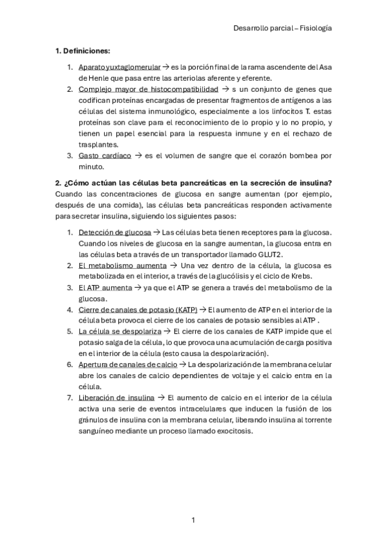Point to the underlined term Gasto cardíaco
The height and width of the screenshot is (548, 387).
pos(105,156)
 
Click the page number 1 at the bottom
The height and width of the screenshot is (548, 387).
pos(193,520)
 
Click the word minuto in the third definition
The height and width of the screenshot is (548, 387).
pos(92,167)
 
